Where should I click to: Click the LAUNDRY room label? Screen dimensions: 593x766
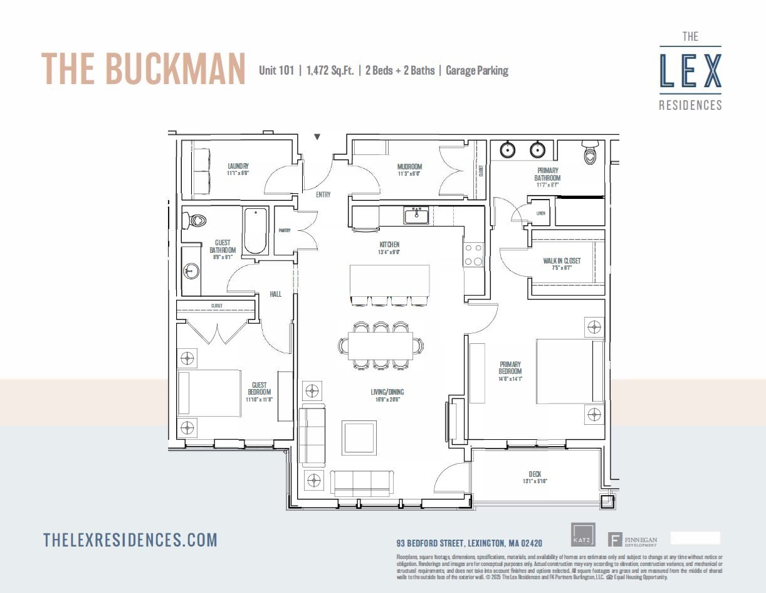coord(238,166)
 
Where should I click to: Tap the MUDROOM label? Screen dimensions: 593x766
coord(409,167)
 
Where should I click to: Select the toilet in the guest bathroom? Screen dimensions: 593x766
coord(196,220)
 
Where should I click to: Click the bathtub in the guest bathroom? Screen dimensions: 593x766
coord(255,230)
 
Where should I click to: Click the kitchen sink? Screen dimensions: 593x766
coord(416,216)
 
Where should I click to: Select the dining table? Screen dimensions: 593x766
coord(380,345)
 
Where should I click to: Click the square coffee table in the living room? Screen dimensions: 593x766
coord(359,438)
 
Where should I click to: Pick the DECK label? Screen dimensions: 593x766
coord(535,474)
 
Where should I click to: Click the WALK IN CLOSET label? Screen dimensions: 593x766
coord(562,261)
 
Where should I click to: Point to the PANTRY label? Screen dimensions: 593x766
coord(284,230)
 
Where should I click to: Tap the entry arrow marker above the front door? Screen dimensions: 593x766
coord(317,136)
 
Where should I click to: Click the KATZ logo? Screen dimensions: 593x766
coord(583,535)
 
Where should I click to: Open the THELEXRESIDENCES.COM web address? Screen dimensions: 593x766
coord(130,540)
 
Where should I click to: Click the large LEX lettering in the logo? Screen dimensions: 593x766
coord(690,71)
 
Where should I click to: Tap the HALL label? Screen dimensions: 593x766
coord(275,294)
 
